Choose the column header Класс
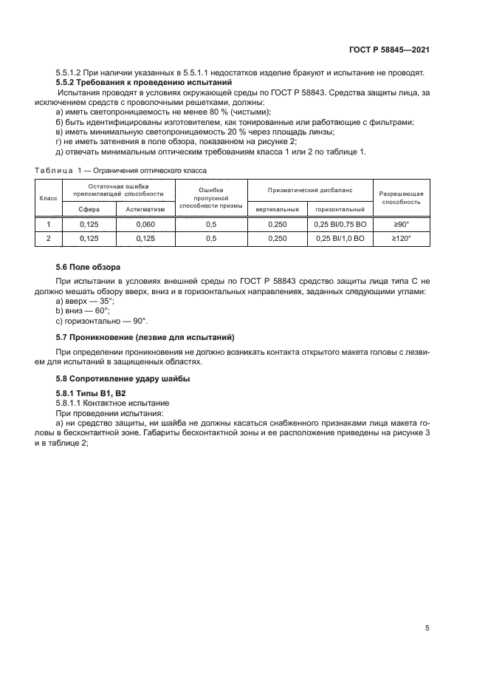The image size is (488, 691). [48, 199]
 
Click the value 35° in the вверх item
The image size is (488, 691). [106, 302]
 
